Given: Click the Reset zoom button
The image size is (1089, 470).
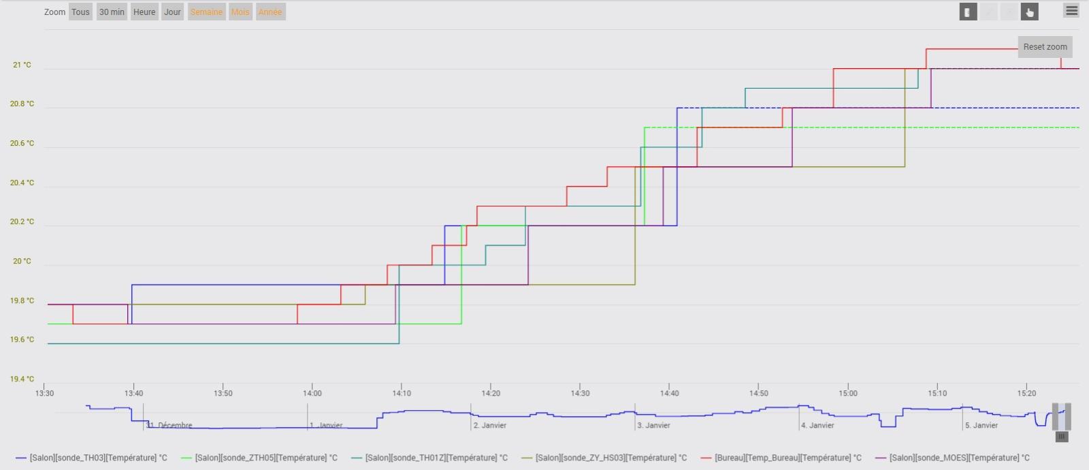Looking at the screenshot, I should point(1045,47).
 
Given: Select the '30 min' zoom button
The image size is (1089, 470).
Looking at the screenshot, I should point(112,12).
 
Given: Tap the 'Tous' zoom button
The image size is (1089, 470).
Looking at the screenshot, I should point(80,12).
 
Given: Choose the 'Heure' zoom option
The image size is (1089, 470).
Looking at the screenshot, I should point(144,12).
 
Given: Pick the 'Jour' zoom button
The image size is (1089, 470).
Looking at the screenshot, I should point(172,12).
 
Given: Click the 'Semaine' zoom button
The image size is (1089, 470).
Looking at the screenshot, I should point(206,12).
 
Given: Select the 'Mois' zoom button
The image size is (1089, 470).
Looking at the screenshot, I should point(240,12).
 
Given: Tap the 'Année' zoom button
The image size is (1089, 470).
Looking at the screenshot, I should point(270,12).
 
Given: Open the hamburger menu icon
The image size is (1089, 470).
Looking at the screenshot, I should point(1071,11).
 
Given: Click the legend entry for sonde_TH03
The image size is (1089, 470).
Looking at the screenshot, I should point(98,458).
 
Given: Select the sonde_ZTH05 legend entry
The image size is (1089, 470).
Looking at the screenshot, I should point(266,458).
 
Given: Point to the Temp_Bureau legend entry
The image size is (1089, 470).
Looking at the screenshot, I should point(787,458).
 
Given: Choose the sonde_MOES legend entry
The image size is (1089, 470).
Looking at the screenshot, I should point(959,458).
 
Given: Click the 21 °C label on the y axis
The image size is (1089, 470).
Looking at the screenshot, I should point(22,65).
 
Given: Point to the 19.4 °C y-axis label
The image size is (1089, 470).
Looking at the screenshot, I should point(22,379).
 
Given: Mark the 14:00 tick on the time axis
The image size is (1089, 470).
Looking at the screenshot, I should point(312,393).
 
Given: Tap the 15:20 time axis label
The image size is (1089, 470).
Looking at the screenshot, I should point(1026,393).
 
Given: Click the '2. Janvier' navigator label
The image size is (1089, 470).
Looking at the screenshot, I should point(490,425).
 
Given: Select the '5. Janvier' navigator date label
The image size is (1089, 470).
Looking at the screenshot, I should point(981,425).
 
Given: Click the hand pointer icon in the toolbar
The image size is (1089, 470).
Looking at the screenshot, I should point(1029,12).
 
